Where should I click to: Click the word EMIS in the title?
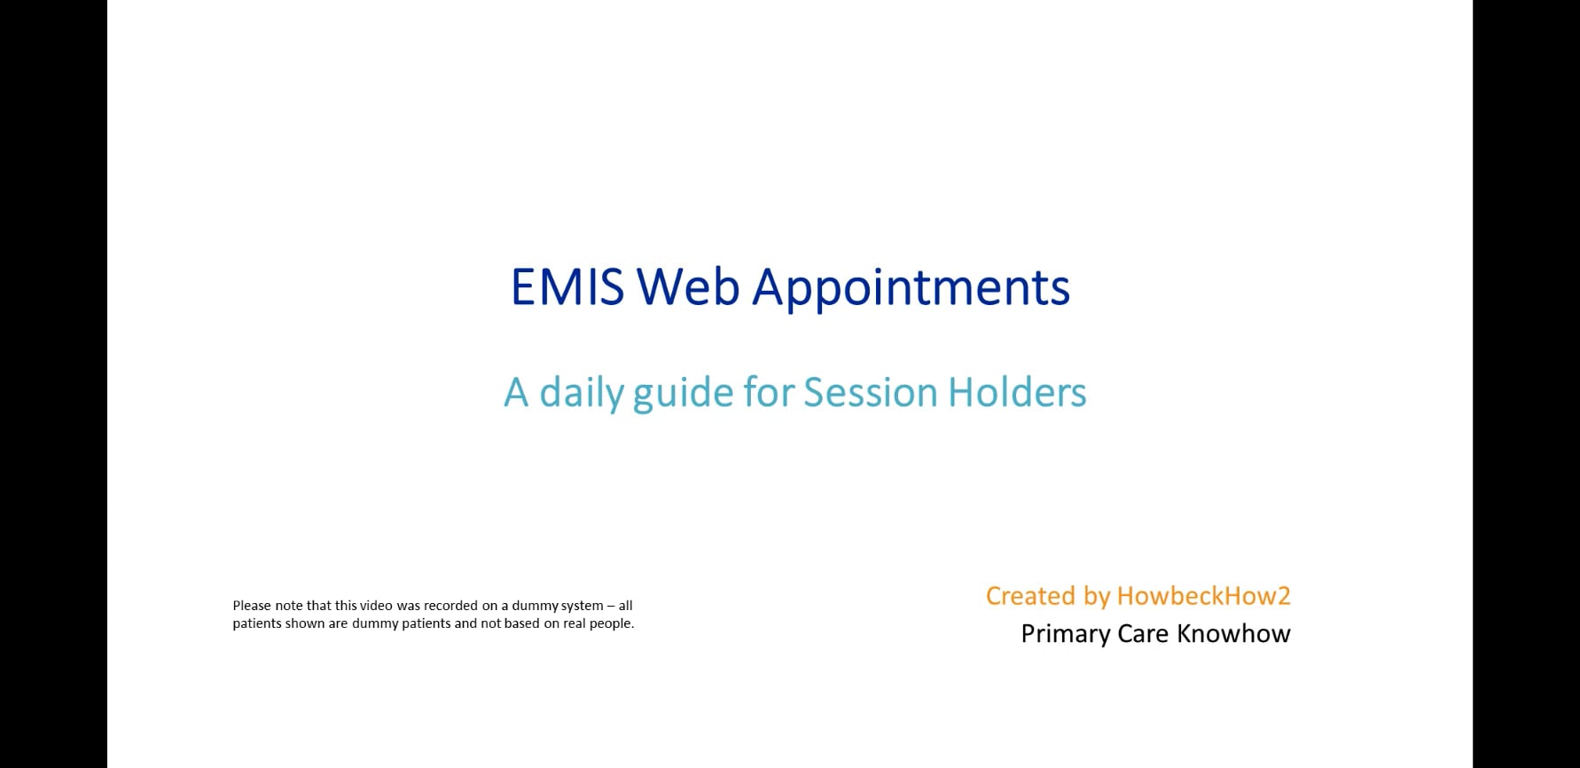(567, 287)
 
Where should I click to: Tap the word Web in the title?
(688, 287)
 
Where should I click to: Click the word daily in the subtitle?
(581, 393)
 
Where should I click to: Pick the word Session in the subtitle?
(870, 392)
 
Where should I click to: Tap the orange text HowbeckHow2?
(1203, 596)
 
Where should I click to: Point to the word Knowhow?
(1233, 634)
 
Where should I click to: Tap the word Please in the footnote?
(252, 606)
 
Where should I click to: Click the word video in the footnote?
(376, 606)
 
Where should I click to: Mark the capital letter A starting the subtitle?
(516, 393)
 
